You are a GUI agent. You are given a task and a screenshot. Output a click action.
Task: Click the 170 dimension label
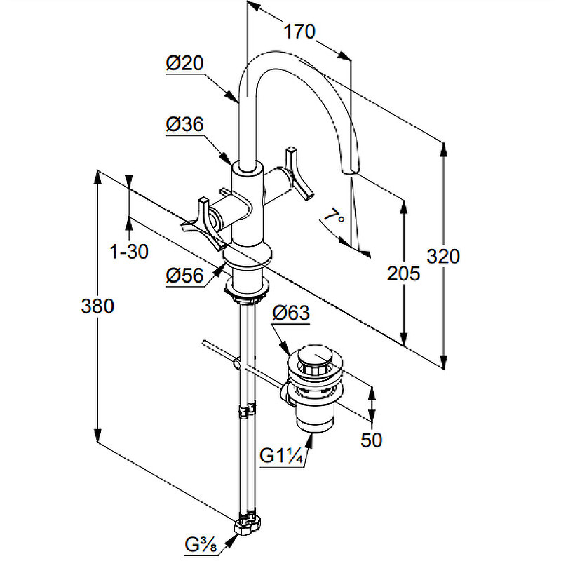(x=299, y=32)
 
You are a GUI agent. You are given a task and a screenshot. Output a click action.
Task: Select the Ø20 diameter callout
(x=184, y=63)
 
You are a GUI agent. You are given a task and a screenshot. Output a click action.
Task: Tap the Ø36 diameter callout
(x=184, y=124)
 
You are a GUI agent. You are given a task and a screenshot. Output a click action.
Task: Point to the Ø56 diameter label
(x=184, y=276)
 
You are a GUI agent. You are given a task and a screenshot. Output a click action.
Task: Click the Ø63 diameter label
(x=290, y=313)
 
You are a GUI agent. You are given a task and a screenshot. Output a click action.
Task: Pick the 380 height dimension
(x=97, y=306)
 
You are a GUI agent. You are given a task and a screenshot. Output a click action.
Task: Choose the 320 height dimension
(x=443, y=257)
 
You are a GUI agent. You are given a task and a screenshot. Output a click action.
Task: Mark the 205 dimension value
(x=404, y=274)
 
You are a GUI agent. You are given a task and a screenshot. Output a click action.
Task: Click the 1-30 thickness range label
(x=129, y=252)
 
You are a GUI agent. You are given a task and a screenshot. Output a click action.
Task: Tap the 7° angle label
(x=334, y=215)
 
